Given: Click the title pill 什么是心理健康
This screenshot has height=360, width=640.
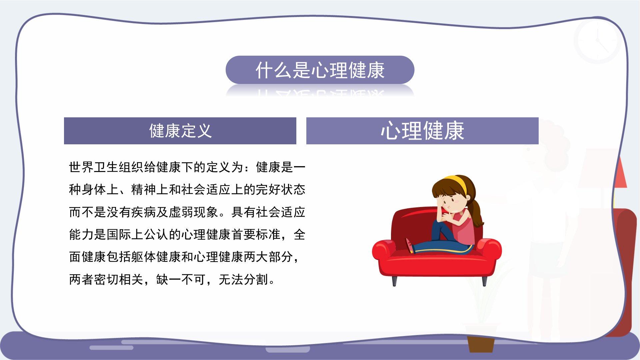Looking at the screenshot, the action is coord(320,70).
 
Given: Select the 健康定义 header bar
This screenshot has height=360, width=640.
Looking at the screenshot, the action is coord(180,131).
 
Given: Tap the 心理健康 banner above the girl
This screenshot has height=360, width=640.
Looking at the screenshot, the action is coord(422,131).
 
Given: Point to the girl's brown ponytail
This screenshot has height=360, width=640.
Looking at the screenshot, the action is coord(477,213).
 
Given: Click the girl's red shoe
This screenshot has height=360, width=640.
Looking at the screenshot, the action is coord(409,245).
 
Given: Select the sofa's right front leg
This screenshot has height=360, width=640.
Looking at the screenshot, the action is coord(485,281).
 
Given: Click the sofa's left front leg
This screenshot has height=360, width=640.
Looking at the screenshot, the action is coord(394,281).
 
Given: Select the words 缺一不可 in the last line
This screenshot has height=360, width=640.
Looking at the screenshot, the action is coord(181,279).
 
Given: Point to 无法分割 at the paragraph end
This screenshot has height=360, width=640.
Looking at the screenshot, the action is coord(243,279).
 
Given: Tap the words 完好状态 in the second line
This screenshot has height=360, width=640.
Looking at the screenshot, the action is coord(280,189).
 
